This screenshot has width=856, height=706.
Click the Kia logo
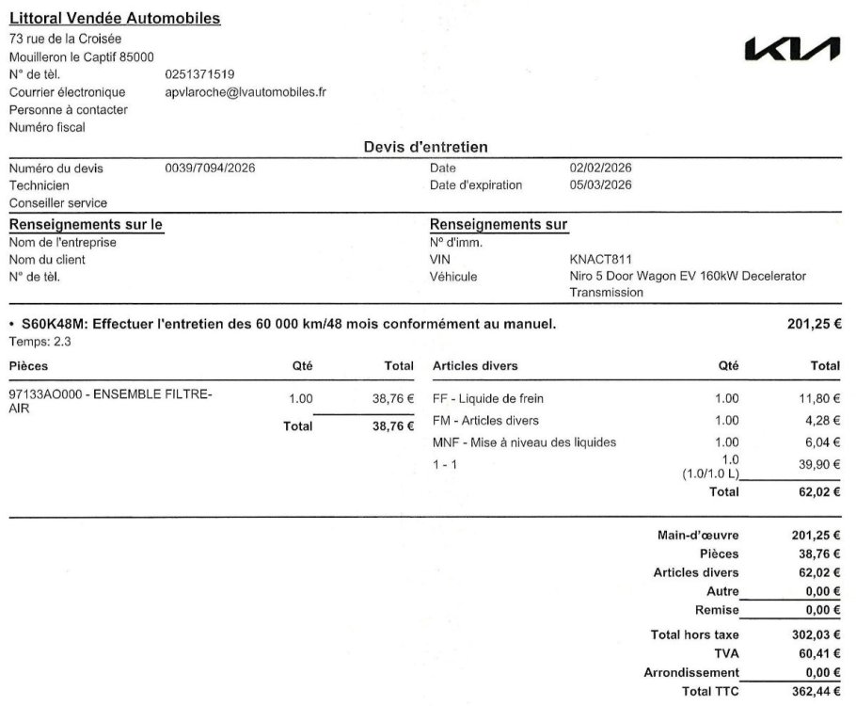(x=791, y=50)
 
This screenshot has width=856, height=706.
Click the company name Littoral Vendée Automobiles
(x=115, y=19)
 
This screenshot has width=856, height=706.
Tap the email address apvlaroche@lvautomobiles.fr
(x=246, y=92)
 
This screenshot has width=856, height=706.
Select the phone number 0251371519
(x=199, y=74)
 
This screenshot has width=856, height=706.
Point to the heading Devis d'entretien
(x=425, y=147)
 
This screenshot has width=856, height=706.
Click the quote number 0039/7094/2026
(x=210, y=168)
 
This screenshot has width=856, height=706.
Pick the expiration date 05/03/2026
(x=601, y=185)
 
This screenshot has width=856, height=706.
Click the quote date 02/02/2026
(x=601, y=168)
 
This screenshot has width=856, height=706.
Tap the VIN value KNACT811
(x=601, y=259)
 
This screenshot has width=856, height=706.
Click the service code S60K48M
(x=54, y=325)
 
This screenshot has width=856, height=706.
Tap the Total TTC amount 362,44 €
(x=816, y=692)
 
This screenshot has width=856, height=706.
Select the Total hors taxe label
(x=694, y=635)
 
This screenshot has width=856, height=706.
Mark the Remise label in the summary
(x=717, y=611)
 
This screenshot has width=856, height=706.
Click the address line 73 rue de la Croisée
(x=65, y=39)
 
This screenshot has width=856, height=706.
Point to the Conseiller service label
(x=58, y=202)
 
